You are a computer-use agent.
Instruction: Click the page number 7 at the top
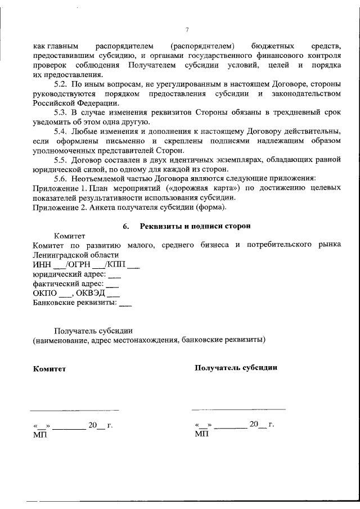(x=186, y=30)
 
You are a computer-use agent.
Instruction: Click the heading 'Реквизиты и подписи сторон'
(x=195, y=226)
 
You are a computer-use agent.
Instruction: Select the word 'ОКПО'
(x=44, y=294)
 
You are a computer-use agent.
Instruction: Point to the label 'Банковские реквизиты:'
(x=74, y=303)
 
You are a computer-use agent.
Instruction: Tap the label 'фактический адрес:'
(x=68, y=284)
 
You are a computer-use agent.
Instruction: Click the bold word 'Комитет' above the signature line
(x=49, y=369)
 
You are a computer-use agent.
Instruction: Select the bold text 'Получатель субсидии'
(x=235, y=368)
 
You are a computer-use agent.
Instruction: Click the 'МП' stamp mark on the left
(x=40, y=435)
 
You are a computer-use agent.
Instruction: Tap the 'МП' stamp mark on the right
(x=201, y=434)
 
